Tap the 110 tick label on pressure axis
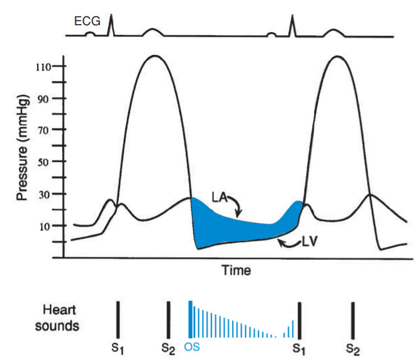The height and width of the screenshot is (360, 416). tap(43, 67)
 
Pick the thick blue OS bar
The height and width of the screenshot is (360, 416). tap(191, 320)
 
